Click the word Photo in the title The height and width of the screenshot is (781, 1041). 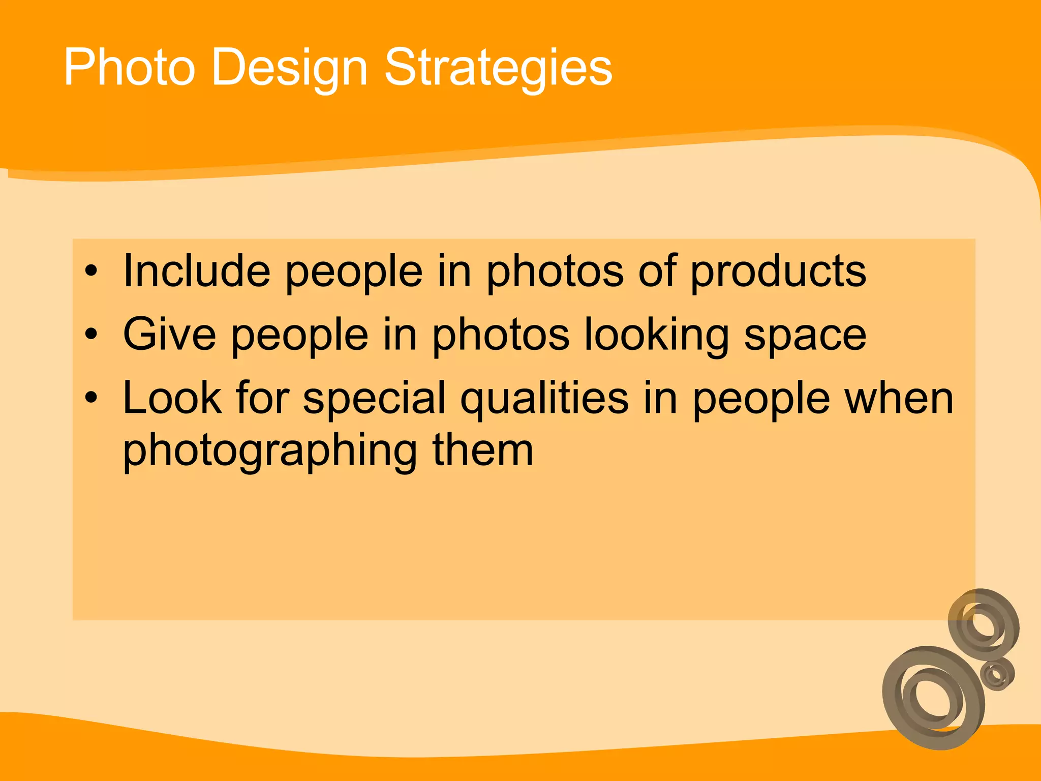129,67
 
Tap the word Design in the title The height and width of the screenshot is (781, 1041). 289,68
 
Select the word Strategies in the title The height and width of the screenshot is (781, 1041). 498,68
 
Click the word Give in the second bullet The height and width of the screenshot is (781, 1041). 169,335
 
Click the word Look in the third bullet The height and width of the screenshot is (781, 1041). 172,398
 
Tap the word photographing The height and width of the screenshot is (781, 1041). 270,452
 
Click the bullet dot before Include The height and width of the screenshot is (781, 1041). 90,271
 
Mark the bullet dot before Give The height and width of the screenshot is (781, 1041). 90,335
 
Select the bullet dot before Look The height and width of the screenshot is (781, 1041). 90,398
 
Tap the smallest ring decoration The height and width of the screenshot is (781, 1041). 997,674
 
